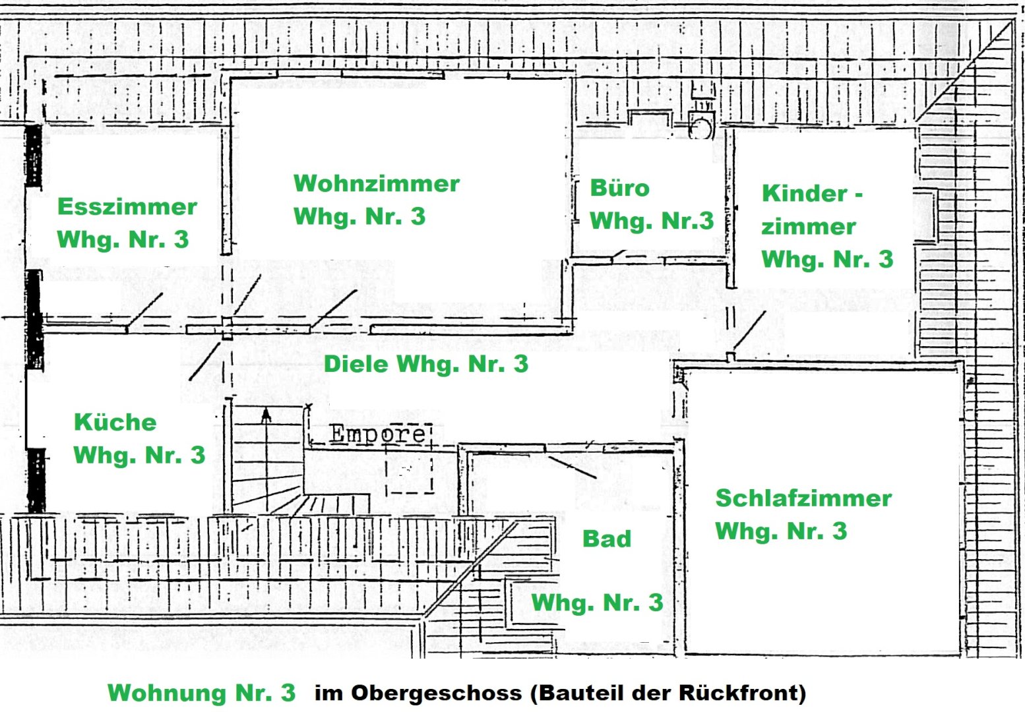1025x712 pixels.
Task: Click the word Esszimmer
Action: pyautogui.click(x=127, y=206)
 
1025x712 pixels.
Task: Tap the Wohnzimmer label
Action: pyautogui.click(x=376, y=183)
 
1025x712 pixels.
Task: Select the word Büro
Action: pyautogui.click(x=619, y=188)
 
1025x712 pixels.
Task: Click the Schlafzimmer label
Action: pyautogui.click(x=803, y=498)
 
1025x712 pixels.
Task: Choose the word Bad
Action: pyautogui.click(x=607, y=539)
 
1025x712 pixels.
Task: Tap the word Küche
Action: pyautogui.click(x=115, y=422)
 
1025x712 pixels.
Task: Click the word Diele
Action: pyautogui.click(x=356, y=364)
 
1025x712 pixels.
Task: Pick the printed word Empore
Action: pyautogui.click(x=377, y=434)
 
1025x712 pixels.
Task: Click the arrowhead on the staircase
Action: pyautogui.click(x=266, y=415)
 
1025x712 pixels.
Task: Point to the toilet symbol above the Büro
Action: pyautogui.click(x=701, y=125)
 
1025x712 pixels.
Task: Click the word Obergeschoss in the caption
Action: pyautogui.click(x=436, y=693)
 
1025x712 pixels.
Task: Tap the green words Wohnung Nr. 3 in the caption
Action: pyautogui.click(x=201, y=693)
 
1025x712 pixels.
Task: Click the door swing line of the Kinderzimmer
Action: pyautogui.click(x=750, y=331)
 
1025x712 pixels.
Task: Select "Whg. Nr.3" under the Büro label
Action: pyautogui.click(x=651, y=221)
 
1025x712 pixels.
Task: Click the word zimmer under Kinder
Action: pyautogui.click(x=808, y=226)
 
